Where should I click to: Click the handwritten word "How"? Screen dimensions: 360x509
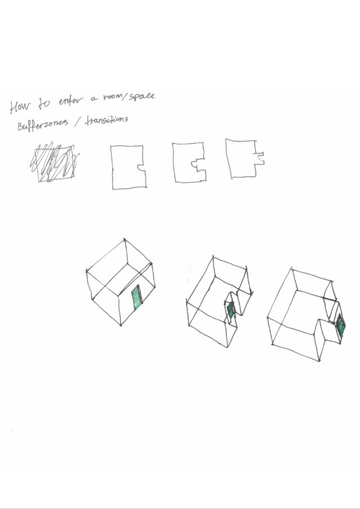point(19,106)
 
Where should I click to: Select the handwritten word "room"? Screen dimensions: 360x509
point(114,97)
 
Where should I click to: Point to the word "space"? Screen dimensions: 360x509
point(142,96)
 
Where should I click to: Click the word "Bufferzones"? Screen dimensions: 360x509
point(43,124)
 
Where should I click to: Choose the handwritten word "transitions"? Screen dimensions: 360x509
point(106,120)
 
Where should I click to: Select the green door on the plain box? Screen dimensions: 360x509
point(137,298)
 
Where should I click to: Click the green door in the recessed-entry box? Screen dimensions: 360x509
point(231,310)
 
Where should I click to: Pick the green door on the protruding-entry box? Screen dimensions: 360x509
point(340,325)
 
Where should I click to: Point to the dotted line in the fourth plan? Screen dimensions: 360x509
point(259,158)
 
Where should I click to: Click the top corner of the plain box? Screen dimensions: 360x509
point(124,240)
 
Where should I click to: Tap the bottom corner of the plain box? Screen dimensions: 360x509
point(121,325)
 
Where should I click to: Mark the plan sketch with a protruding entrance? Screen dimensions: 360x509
point(245,159)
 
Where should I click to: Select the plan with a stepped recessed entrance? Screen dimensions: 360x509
point(189,162)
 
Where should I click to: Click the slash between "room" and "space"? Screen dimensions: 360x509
point(127,97)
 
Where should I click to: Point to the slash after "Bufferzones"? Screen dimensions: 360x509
point(77,123)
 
